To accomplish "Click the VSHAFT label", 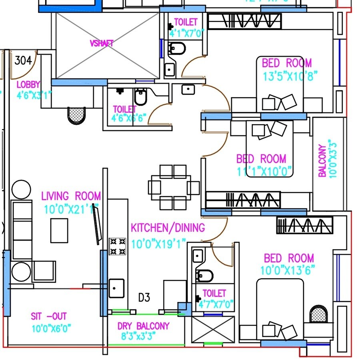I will pyautogui.click(x=101, y=43).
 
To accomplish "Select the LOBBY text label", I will pyautogui.click(x=28, y=84).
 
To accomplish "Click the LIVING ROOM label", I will pyautogui.click(x=71, y=196).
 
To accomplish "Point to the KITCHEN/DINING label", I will pyautogui.click(x=168, y=228).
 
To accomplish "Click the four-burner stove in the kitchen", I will pyautogui.click(x=117, y=246).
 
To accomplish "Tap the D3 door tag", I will pyautogui.click(x=144, y=298).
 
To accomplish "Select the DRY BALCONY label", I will pyautogui.click(x=143, y=326).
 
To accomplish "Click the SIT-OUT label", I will pyautogui.click(x=49, y=316).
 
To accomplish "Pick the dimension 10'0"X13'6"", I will pyautogui.click(x=288, y=271).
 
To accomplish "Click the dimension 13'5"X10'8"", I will pyautogui.click(x=290, y=76).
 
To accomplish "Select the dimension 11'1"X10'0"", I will pyautogui.click(x=264, y=171).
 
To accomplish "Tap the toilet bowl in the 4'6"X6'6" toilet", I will pyautogui.click(x=140, y=97).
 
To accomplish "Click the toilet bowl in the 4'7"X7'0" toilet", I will pyautogui.click(x=204, y=276).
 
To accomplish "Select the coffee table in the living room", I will pyautogui.click(x=59, y=230).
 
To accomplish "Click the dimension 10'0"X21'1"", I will pyautogui.click(x=71, y=209).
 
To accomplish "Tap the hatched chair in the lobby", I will pyautogui.click(x=77, y=115).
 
